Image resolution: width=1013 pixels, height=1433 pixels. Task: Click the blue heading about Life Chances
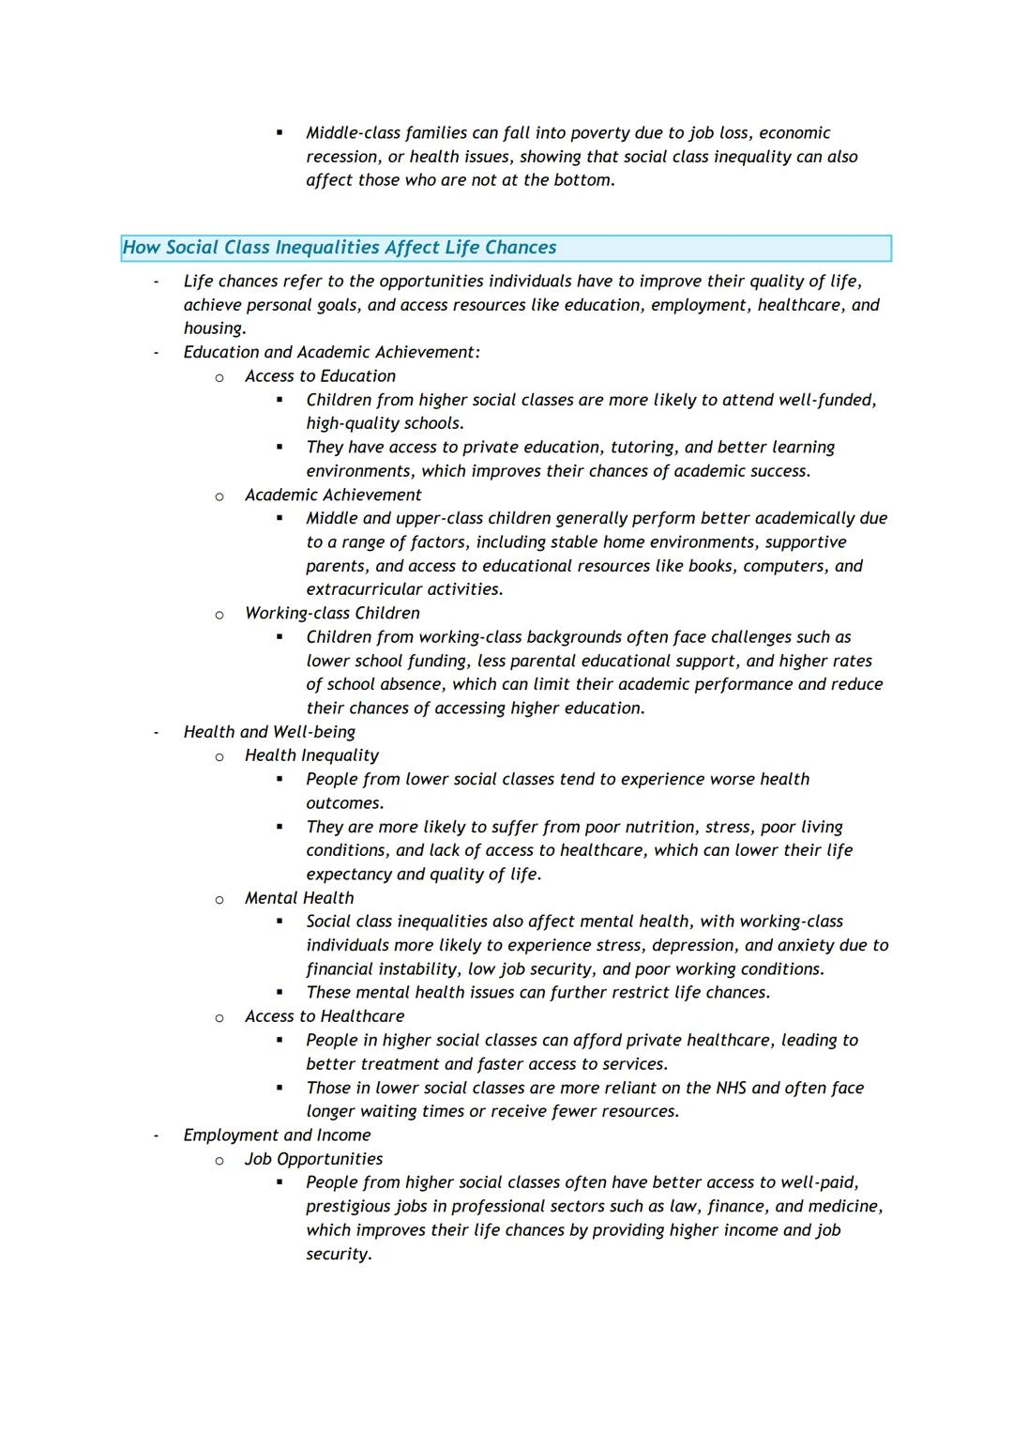(x=340, y=248)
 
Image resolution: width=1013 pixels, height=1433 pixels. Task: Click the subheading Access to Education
(x=320, y=376)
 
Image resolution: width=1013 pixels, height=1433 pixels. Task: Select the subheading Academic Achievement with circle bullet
(x=333, y=495)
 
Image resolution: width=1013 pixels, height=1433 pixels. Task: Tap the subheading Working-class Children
(x=332, y=613)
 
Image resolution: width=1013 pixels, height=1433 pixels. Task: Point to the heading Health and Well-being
(x=269, y=732)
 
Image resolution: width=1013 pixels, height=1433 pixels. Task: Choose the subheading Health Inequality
(x=311, y=755)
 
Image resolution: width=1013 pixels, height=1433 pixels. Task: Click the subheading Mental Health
(x=299, y=898)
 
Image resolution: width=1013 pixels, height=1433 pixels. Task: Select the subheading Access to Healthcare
(x=325, y=1016)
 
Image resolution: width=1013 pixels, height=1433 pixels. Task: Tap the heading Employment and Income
(x=277, y=1136)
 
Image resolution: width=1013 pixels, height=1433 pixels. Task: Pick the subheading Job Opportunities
(x=313, y=1159)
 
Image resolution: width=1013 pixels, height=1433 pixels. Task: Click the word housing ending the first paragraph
(x=213, y=328)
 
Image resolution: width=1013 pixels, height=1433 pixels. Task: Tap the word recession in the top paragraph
(x=341, y=157)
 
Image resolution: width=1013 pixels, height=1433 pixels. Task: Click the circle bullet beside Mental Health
(x=219, y=899)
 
